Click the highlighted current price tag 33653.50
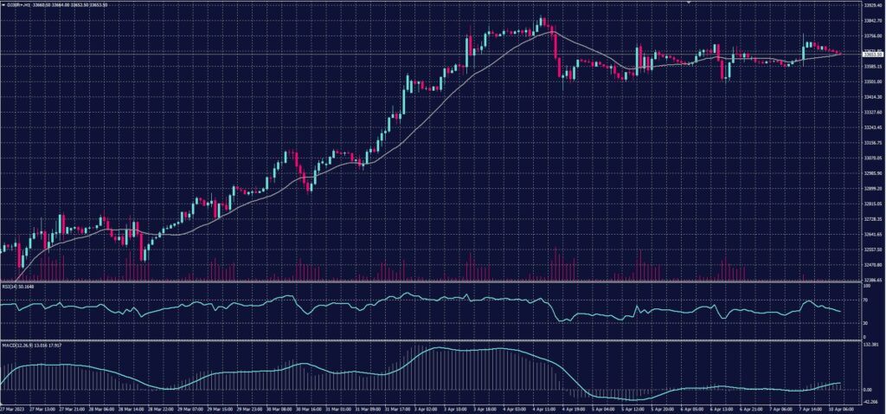pos(871,54)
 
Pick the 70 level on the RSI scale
pos(866,298)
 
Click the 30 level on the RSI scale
pos(866,323)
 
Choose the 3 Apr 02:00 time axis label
pos(423,409)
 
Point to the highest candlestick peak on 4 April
pos(541,17)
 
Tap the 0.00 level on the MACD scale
pos(868,389)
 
